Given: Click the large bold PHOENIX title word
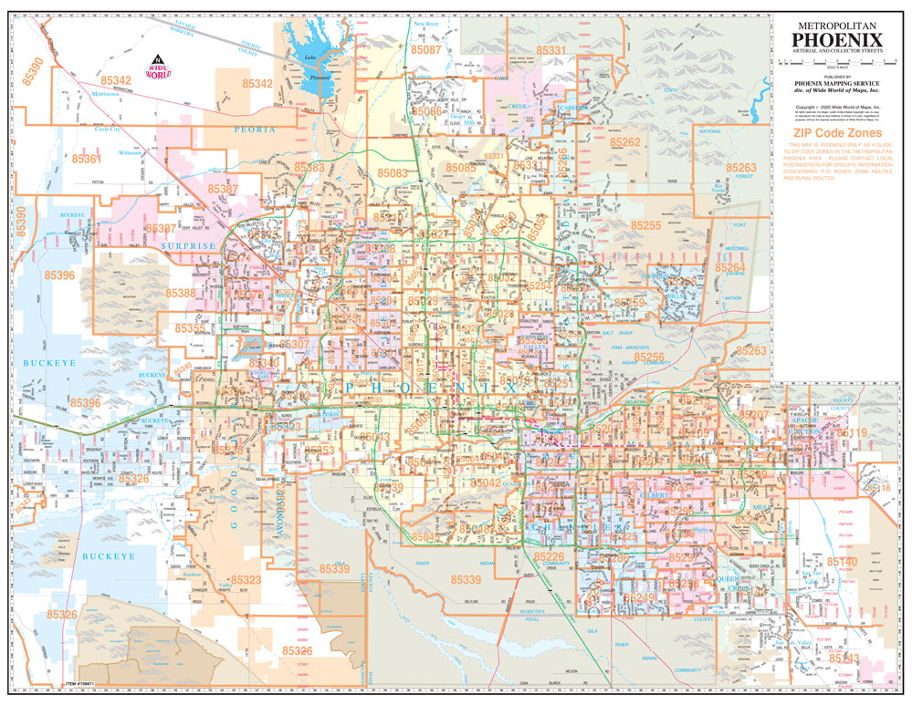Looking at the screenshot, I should pyautogui.click(x=836, y=40).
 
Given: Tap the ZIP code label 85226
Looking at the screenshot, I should pyautogui.click(x=550, y=556).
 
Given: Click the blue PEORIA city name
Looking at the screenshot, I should pyautogui.click(x=254, y=130).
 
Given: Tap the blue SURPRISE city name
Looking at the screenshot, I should pyautogui.click(x=188, y=246).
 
